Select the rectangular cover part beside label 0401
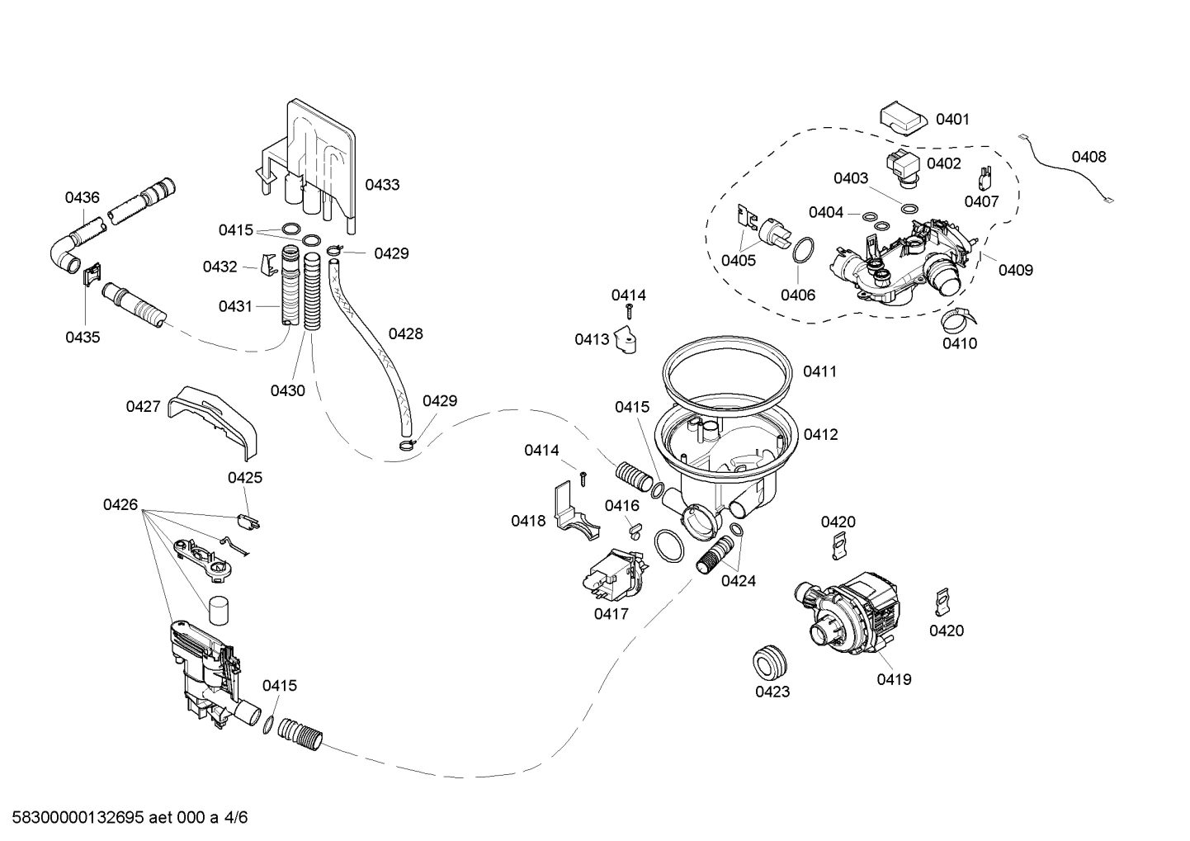902,117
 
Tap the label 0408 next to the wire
1088,157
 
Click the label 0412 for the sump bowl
820,434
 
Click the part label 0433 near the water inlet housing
382,185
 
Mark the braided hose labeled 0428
367,347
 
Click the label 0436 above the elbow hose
82,197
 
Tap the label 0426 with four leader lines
120,504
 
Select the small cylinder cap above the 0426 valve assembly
219,612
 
